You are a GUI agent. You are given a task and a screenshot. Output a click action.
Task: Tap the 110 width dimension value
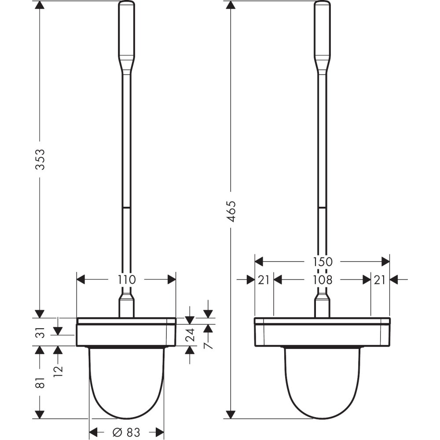click(127, 279)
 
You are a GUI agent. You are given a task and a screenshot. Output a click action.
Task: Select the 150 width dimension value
click(323, 261)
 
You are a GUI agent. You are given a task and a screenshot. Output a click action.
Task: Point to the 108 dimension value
click(323, 279)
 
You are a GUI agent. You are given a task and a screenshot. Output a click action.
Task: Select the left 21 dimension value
click(264, 279)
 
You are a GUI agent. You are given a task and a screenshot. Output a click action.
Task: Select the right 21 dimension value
click(379, 279)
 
